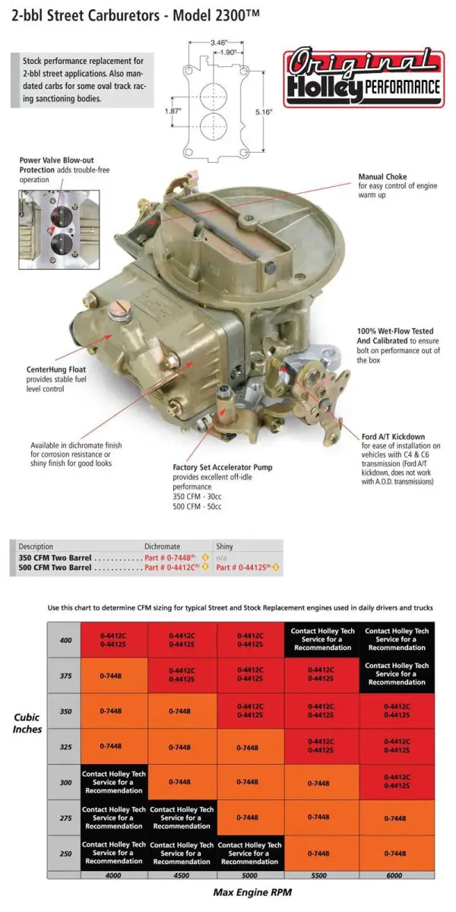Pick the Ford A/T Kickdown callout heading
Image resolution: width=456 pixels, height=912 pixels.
click(x=392, y=436)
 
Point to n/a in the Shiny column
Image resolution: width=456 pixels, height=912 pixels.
click(x=221, y=557)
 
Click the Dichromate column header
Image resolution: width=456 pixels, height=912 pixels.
click(x=162, y=546)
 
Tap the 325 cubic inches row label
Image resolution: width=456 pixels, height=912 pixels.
click(x=65, y=747)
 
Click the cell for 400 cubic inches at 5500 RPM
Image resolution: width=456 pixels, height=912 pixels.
click(x=318, y=640)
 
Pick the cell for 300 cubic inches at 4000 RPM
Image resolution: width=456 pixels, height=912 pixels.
click(x=114, y=782)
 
